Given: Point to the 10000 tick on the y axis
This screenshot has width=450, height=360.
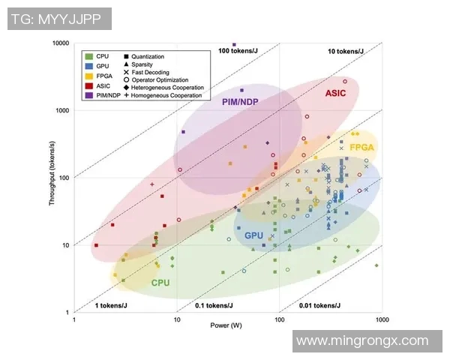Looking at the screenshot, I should pos(59,43).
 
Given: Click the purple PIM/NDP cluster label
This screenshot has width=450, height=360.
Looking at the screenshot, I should pos(241,101).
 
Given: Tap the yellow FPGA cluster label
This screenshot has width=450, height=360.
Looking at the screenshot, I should pos(361,148).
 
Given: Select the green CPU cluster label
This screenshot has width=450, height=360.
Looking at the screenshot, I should pos(160,283).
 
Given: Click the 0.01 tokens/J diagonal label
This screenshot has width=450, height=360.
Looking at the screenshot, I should pos(320,305).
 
